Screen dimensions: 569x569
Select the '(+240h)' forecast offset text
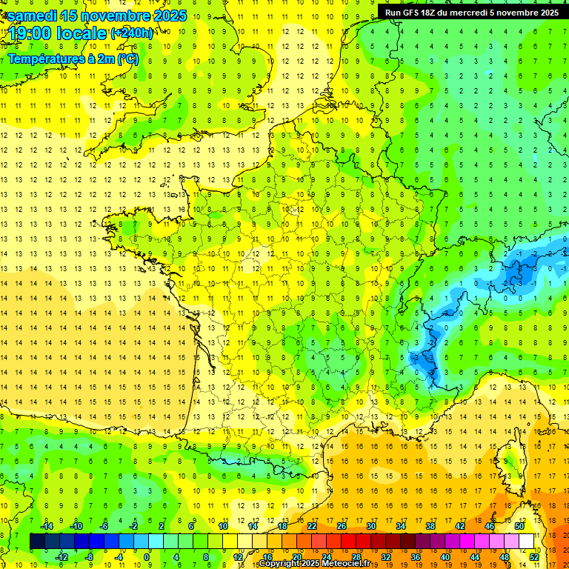coord(132,33)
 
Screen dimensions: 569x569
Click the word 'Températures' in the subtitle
coord(44,59)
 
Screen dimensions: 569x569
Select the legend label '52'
coord(534,557)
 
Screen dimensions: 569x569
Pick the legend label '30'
coord(371,526)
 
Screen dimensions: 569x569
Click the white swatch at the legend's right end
coord(527,542)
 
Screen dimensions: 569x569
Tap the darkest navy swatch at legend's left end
coord(37,542)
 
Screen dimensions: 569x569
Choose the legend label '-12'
coord(61,557)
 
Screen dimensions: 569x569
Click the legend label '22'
coord(312,526)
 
